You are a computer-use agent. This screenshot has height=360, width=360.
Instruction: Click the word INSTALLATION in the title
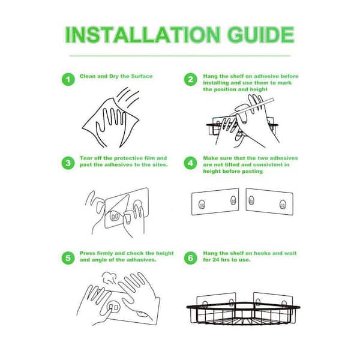pos(143,35)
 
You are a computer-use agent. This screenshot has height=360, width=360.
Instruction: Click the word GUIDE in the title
pos(261,35)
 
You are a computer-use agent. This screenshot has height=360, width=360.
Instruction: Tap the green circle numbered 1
pos(68,79)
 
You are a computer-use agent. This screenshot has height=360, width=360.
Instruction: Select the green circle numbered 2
pos(191,79)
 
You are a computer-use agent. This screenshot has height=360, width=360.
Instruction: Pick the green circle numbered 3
pos(68,163)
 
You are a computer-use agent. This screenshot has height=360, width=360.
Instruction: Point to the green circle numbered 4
pos(191,163)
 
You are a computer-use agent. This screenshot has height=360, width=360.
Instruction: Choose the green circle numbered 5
pos(68,258)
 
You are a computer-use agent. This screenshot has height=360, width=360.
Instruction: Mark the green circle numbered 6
pos(191,258)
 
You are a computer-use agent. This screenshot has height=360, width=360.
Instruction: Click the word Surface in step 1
pos(142,76)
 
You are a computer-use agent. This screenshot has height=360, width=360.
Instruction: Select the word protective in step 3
pos(128,158)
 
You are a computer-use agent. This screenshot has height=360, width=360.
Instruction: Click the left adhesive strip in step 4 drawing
pos(215,202)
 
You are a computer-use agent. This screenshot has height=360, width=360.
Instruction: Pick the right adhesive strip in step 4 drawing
pos(269,202)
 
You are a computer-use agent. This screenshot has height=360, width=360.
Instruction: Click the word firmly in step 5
pos(104,253)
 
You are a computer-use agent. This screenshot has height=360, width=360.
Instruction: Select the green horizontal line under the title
pos(180,56)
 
